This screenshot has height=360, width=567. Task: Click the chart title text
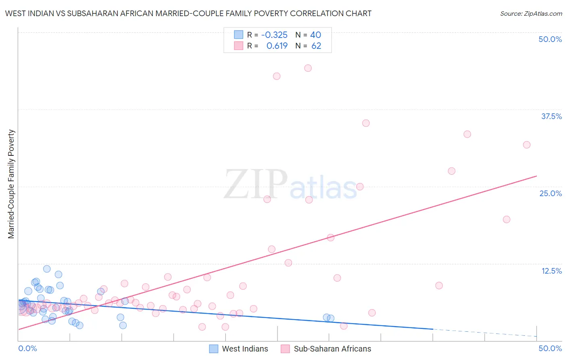188,13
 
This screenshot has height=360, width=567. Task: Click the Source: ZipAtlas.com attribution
531,13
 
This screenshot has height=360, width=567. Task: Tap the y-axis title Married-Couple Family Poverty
11,184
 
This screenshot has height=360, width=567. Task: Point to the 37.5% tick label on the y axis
551,116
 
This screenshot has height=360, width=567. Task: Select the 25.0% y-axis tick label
550,193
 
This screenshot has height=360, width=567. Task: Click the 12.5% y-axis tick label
551,271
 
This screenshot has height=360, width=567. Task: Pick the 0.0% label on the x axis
27,348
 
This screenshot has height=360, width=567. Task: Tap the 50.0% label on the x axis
550,348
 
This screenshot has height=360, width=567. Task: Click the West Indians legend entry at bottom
239,349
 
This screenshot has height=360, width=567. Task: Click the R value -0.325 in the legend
274,35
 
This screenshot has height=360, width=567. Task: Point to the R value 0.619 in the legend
277,46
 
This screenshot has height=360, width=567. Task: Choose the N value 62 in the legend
316,46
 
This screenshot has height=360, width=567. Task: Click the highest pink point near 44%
308,68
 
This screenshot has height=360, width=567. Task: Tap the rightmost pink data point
527,145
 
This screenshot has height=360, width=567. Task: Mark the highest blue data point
47,269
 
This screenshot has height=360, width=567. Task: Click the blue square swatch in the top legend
239,35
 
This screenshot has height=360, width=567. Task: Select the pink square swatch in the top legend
239,46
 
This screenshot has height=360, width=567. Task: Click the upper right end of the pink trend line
536,176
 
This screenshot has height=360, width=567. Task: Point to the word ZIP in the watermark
256,184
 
